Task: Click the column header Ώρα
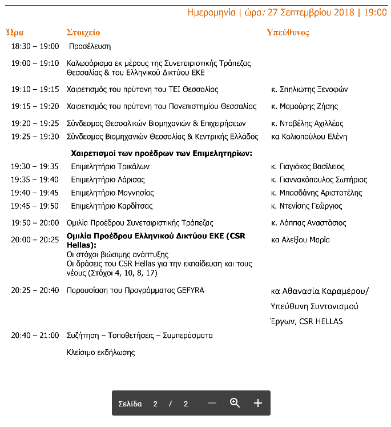coord(15,33)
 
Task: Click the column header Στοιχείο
coord(83,33)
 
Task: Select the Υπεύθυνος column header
coord(288,33)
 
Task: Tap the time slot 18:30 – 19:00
coord(35,46)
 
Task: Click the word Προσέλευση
coord(90,46)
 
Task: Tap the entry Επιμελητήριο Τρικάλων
coord(110,167)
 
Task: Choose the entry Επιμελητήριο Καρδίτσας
coord(112,206)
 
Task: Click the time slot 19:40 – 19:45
coord(35,193)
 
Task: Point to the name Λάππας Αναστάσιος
coord(313,223)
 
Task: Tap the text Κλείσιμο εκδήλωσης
coord(101,352)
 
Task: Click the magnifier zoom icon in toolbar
coord(235,403)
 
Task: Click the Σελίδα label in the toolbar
coord(130,404)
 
